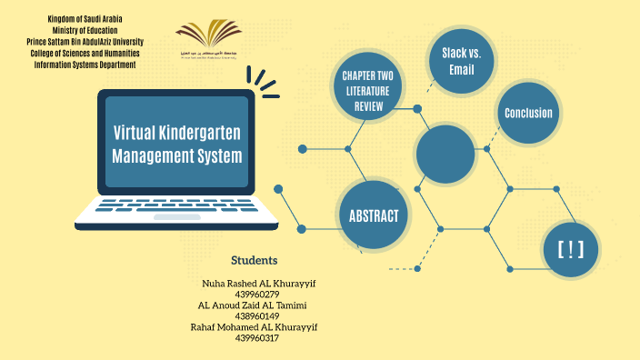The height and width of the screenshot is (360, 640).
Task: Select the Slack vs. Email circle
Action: pos(461,61)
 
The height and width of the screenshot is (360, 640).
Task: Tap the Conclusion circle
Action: pos(528,114)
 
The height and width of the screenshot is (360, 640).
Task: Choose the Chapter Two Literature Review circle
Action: pos(369,90)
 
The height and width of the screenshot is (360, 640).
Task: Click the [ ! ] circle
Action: pos(570,248)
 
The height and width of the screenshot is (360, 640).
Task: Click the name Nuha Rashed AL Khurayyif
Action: pos(258,284)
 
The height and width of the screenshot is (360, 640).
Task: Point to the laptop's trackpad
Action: pos(176,217)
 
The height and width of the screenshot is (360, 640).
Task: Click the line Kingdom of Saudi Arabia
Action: pos(85,19)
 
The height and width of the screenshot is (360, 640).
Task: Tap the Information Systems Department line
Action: pos(85,65)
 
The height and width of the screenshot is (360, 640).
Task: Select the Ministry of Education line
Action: pos(85,30)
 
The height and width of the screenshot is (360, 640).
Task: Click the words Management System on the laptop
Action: pos(177,155)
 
